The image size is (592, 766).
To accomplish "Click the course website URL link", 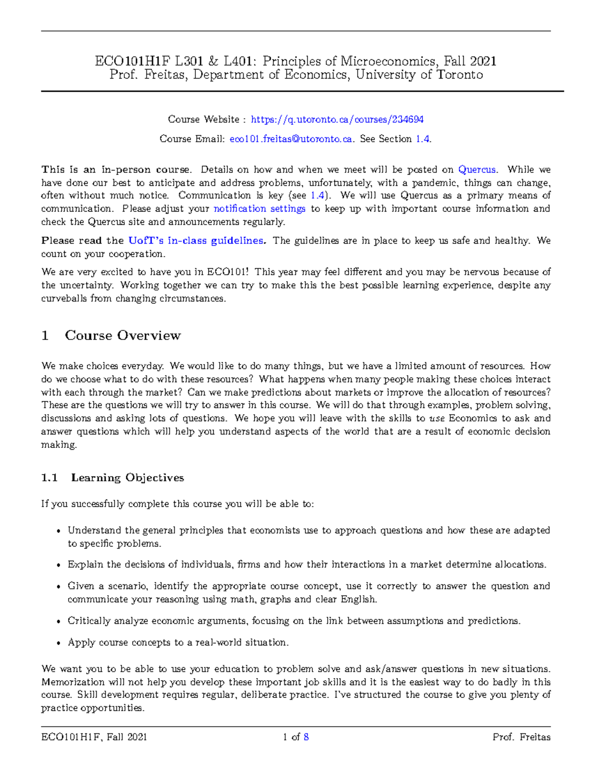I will [337, 119].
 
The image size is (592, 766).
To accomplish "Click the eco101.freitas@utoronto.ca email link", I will [291, 139].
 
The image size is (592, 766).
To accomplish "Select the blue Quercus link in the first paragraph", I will [477, 170].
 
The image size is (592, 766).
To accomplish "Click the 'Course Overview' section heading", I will [122, 335].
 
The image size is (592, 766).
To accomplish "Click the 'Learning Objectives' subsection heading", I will [127, 477].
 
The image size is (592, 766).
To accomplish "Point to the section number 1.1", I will [49, 477].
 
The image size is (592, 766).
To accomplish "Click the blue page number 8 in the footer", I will [306, 737].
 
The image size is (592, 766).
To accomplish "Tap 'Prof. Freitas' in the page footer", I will [521, 737].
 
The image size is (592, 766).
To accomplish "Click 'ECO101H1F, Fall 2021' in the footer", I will [94, 737].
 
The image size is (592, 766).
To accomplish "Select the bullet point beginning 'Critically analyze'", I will [59, 621].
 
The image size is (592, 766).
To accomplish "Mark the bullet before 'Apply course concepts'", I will [59, 643].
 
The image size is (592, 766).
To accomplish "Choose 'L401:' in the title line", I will [240, 61].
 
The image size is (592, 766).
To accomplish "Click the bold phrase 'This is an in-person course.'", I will [116, 170].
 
